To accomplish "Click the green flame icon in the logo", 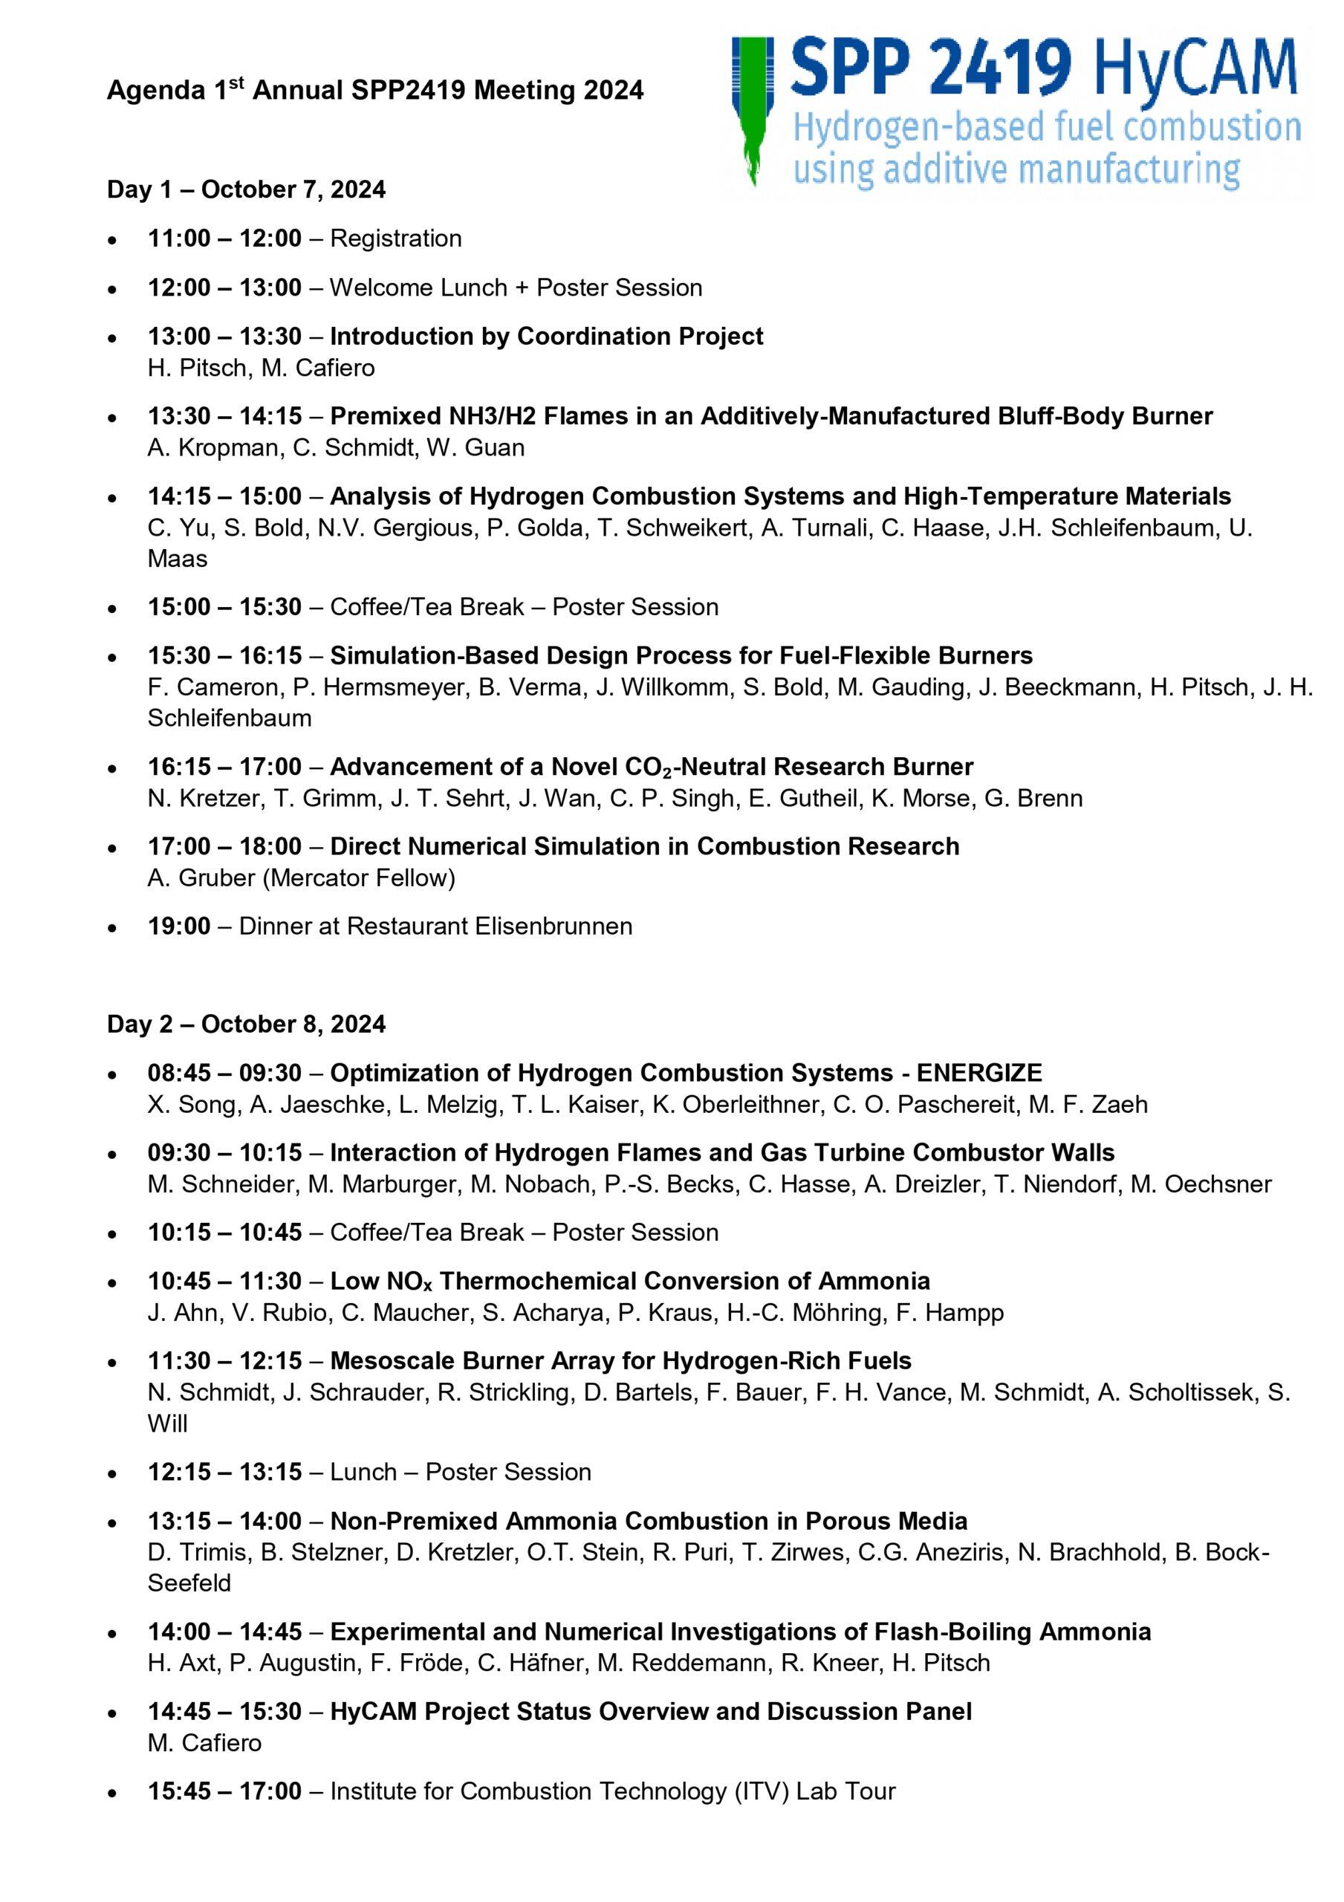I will coord(753,108).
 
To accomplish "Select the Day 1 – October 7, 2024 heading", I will coord(246,189).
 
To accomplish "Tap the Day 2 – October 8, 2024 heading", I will coord(246,1024).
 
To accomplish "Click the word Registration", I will coord(395,238).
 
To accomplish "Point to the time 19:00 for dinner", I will coord(179,926).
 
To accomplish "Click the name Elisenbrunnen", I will coord(553,926).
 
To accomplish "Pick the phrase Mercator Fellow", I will coord(359,878).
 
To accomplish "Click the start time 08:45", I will coord(179,1073).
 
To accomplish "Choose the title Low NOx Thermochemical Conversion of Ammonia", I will coord(630,1282).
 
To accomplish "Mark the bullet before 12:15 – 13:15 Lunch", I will coord(112,1473).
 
